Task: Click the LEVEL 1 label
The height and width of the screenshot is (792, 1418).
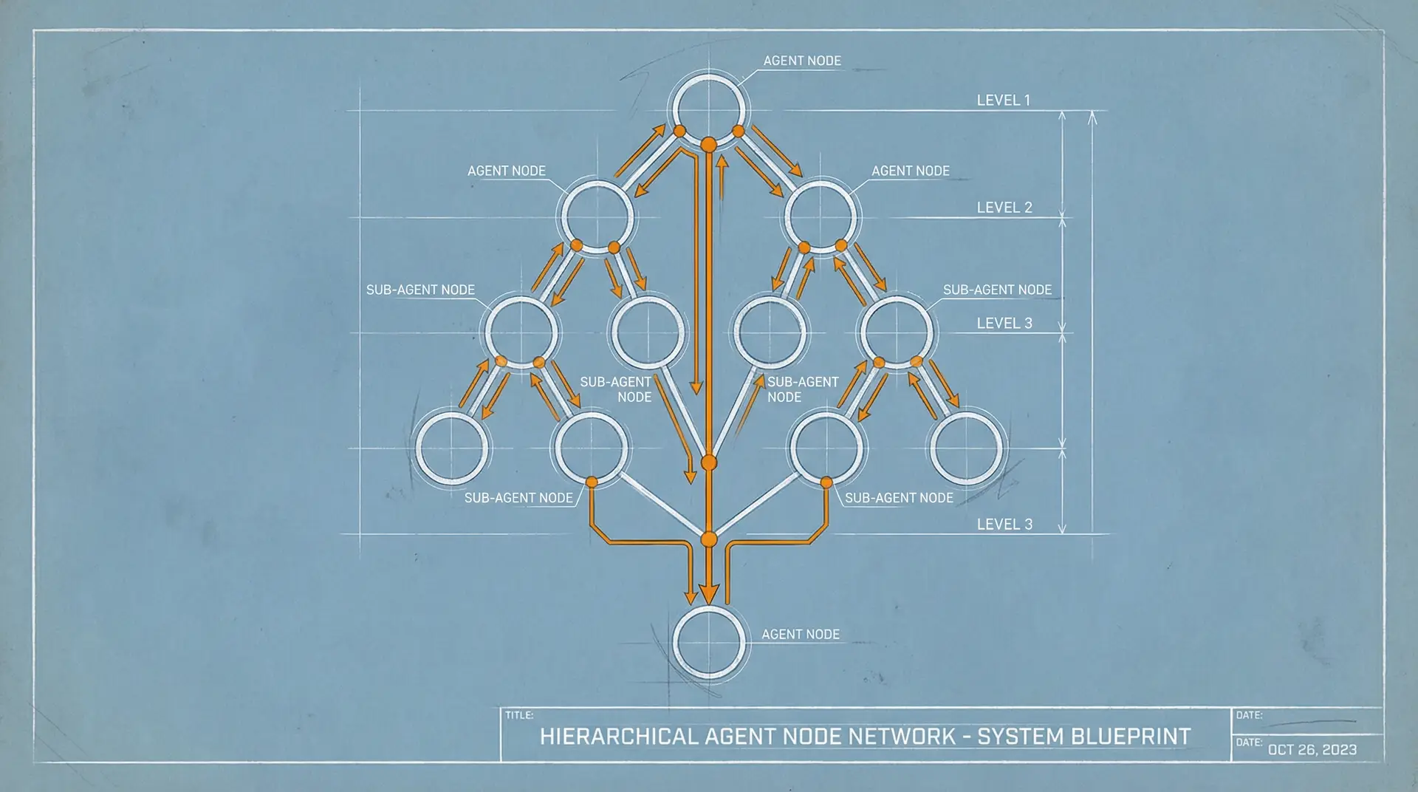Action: (1003, 100)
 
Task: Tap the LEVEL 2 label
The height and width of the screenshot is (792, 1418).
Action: (1004, 208)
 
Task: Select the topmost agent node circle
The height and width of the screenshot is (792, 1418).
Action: (708, 110)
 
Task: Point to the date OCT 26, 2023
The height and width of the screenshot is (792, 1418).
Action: (1312, 750)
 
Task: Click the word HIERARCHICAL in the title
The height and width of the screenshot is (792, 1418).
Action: (619, 737)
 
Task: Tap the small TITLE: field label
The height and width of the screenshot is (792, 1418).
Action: (518, 715)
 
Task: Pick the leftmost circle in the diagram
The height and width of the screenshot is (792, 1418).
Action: (451, 448)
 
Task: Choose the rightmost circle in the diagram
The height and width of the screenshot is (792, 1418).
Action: (966, 448)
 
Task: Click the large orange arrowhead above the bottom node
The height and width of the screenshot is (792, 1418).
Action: (709, 593)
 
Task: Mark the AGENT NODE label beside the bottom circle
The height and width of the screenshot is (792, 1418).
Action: (801, 635)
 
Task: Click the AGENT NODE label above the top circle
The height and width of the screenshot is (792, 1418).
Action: (802, 61)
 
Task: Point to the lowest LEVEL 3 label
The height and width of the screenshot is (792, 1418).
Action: (1004, 525)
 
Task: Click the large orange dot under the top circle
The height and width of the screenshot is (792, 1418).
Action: (708, 144)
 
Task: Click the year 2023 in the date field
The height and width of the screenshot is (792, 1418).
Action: (1339, 750)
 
